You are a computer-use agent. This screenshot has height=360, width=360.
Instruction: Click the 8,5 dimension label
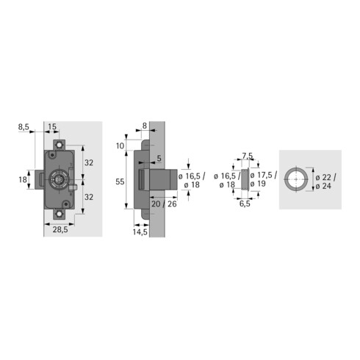click(x=24, y=127)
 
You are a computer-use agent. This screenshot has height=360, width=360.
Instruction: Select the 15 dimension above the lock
click(x=53, y=127)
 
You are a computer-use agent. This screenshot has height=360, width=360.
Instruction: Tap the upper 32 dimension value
click(x=88, y=162)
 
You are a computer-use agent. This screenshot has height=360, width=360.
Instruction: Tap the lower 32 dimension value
click(x=88, y=197)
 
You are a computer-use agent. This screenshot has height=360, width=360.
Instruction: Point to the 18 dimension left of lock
click(x=22, y=179)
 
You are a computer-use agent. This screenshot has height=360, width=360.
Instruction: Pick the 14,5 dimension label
click(x=141, y=233)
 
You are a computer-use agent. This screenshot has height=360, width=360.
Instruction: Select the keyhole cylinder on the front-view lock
click(x=58, y=179)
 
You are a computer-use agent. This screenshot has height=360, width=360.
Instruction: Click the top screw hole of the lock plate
click(x=59, y=146)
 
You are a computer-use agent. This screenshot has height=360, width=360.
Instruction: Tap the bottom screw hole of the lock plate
click(x=59, y=214)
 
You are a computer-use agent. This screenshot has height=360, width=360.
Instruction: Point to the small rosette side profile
click(x=245, y=179)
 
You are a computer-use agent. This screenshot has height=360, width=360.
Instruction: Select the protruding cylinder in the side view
click(x=165, y=179)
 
